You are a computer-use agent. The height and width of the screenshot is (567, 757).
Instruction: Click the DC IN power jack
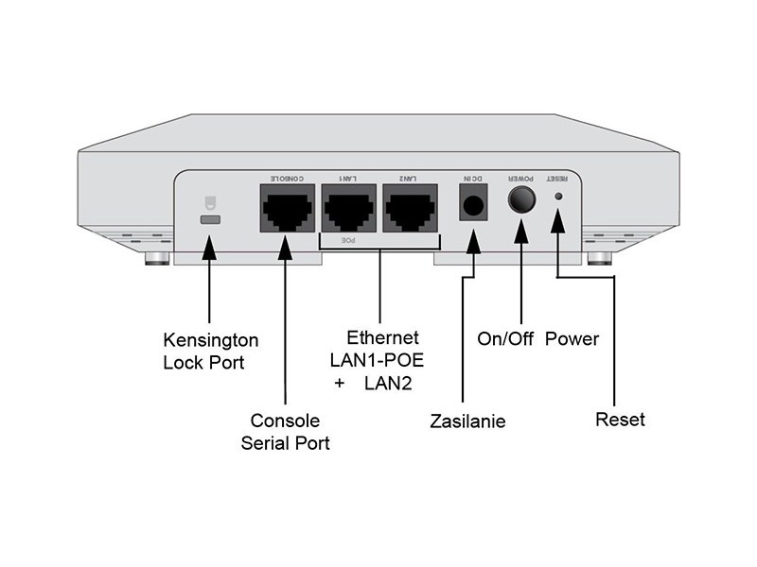tap(472, 206)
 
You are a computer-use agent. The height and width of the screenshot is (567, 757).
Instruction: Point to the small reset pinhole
tap(558, 197)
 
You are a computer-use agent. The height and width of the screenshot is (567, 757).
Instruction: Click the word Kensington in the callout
tap(210, 339)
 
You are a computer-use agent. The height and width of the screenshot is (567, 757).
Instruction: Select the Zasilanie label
tap(467, 421)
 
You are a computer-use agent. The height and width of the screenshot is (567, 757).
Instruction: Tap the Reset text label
tap(620, 419)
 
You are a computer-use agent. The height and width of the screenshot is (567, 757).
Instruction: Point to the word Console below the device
tap(285, 421)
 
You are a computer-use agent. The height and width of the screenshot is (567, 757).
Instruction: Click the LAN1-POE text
tap(374, 360)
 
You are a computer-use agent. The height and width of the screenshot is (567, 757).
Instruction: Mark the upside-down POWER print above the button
tap(521, 178)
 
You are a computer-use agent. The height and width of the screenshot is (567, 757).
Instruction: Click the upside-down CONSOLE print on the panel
tap(286, 178)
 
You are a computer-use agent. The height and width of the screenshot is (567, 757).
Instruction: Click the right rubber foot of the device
tap(599, 257)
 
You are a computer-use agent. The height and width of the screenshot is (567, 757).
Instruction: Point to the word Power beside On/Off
tap(572, 338)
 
